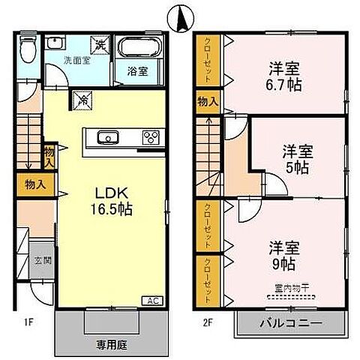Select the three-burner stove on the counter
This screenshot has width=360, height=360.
pyautogui.click(x=149, y=136)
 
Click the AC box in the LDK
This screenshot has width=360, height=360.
pyautogui.click(x=152, y=301)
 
